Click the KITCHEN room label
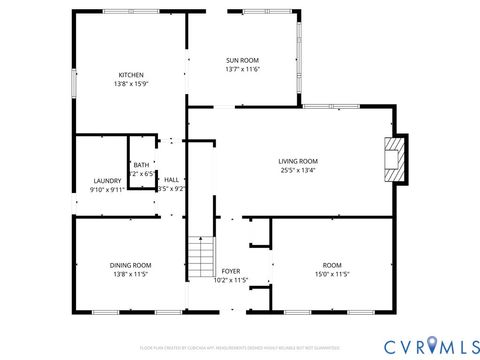point(131,75)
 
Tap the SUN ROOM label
point(243,60)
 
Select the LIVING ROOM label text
point(298,160)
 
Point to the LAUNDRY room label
point(107,180)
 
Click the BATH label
point(142,165)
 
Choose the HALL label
point(171,180)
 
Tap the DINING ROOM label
point(131,265)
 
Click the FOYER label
point(231,271)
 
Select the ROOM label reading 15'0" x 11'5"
point(332,265)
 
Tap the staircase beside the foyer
point(202,258)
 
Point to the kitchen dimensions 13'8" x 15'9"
point(131,84)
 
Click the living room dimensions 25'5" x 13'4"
point(298,170)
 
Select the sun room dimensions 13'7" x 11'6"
point(243,70)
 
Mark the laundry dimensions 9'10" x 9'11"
point(107,189)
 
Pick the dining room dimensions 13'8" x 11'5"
point(131,274)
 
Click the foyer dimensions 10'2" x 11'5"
point(231,280)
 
